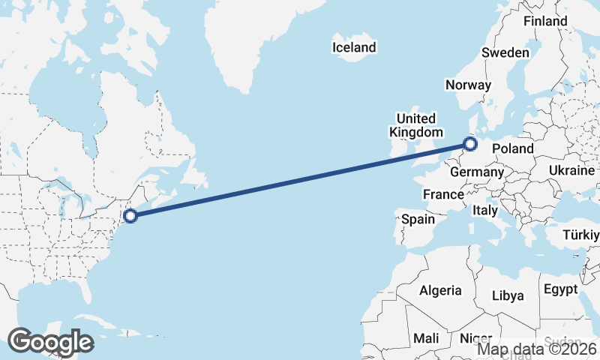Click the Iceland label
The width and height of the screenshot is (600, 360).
(x=354, y=47)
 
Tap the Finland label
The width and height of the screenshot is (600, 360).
(x=545, y=21)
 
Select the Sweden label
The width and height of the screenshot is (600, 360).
(x=505, y=52)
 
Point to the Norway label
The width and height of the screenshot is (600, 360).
(x=468, y=85)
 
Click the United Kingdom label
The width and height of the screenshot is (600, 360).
(x=415, y=125)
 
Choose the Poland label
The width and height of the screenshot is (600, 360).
(x=513, y=148)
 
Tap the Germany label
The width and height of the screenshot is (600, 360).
(x=476, y=172)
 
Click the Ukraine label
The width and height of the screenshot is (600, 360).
(x=571, y=170)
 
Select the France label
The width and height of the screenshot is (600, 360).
(x=443, y=194)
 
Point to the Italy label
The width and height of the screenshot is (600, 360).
(x=485, y=211)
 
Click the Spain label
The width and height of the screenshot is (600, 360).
(x=418, y=219)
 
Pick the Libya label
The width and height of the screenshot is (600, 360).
(x=508, y=295)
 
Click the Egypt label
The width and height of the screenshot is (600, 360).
(x=560, y=289)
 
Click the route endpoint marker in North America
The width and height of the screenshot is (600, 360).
(x=130, y=216)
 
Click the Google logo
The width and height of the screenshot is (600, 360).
(x=50, y=341)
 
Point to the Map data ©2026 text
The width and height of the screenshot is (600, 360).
(x=537, y=348)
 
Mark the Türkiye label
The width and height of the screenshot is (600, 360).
(x=583, y=237)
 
